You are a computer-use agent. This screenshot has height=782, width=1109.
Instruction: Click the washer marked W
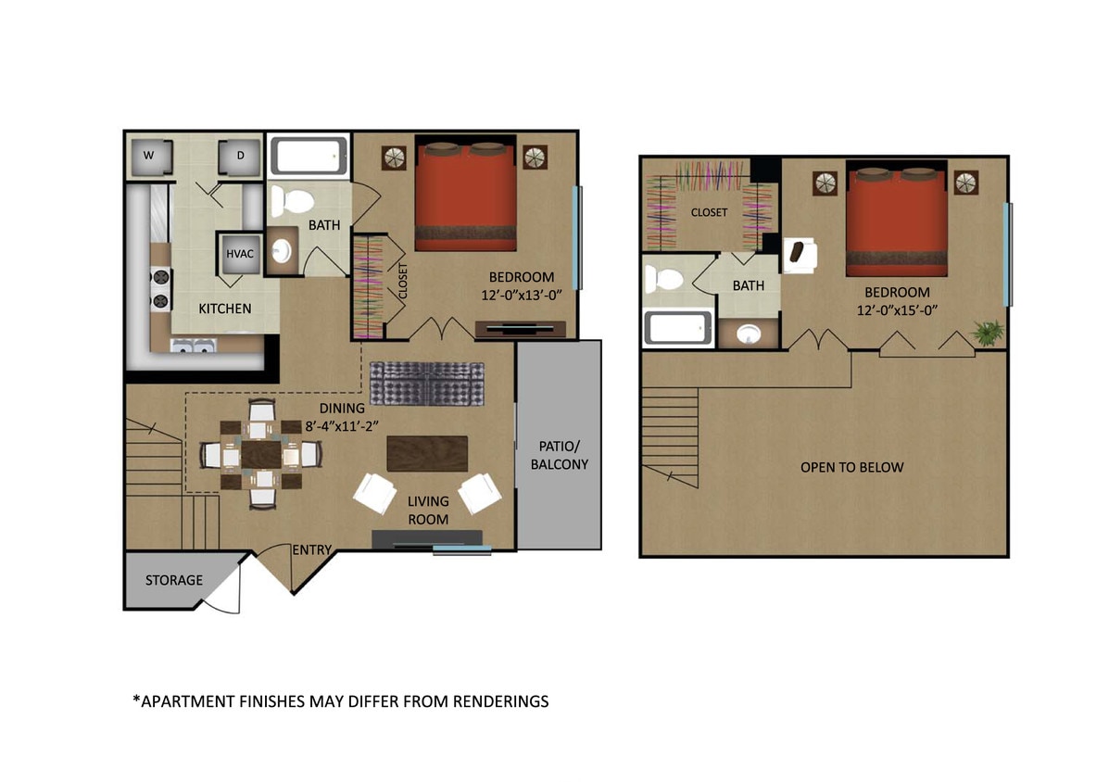[x=148, y=156]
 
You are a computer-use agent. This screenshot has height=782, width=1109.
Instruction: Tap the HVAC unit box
[x=240, y=254]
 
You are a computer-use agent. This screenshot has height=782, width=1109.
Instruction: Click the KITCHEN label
[x=224, y=308]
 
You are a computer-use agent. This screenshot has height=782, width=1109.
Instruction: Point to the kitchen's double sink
[x=194, y=347]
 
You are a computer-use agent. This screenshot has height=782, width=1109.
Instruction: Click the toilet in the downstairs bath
[x=296, y=201]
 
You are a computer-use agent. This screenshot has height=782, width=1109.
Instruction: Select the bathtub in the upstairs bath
[x=678, y=328]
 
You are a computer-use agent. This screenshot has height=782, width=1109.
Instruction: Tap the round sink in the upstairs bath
[x=749, y=333]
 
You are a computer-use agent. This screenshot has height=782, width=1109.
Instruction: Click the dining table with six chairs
[x=262, y=455]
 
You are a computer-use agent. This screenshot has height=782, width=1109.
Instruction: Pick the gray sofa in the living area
[x=427, y=384]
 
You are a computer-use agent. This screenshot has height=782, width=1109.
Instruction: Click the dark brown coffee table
[x=428, y=454]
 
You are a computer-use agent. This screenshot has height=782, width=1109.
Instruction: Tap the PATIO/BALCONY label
[x=559, y=455]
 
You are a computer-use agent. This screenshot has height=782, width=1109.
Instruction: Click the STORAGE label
[x=173, y=580]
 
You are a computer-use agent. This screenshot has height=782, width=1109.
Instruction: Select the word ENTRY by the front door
[x=312, y=550]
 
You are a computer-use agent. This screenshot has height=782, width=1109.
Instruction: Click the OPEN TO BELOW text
[x=851, y=467]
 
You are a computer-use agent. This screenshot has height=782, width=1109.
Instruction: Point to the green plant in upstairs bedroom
[x=987, y=331]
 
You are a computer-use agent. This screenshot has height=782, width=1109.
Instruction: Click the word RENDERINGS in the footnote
[x=500, y=701]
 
